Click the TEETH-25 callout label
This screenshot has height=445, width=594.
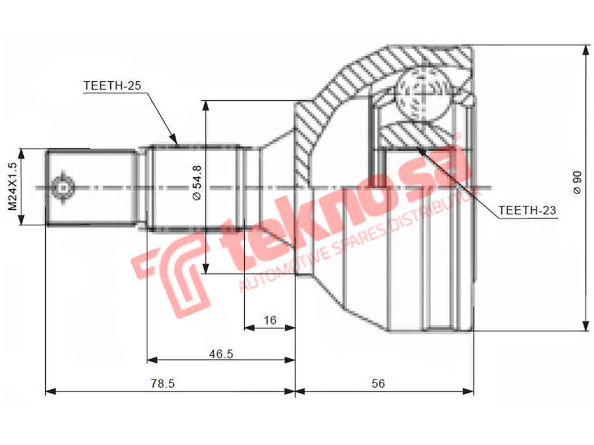click(112, 85)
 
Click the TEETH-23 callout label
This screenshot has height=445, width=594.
click(527, 211)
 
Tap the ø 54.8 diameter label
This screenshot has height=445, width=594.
click(196, 183)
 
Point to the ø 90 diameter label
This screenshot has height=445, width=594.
click(577, 183)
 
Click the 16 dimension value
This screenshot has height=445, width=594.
click(270, 320)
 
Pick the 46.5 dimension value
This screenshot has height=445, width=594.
click(221, 353)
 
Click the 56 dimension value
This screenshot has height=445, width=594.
click(379, 384)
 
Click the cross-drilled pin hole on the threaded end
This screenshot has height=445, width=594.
click(61, 187)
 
